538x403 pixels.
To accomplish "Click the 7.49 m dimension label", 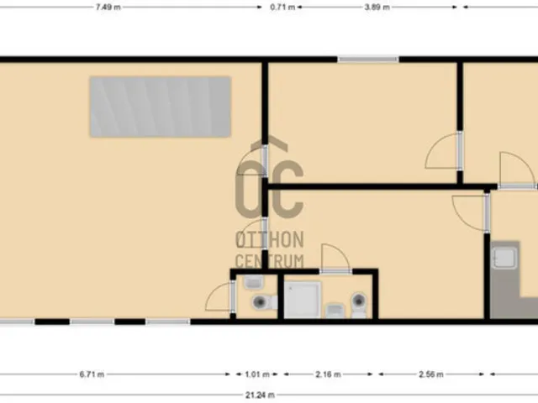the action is click(108, 8).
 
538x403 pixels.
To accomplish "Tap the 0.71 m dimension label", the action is click(282, 8).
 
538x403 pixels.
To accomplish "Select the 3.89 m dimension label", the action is click(377, 8).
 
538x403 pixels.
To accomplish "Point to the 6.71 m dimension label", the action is click(92, 374).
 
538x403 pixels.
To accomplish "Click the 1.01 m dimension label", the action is click(257, 374).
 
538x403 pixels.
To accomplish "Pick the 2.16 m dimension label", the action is click(329, 374).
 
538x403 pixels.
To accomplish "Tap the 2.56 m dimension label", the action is click(431, 374).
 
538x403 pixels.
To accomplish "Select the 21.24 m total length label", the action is click(260, 395).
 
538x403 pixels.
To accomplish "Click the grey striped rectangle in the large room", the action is click(161, 107).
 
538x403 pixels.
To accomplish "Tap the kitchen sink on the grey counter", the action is click(504, 258).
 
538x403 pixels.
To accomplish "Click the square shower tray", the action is click(303, 300).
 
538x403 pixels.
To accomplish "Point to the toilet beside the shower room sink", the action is click(359, 305).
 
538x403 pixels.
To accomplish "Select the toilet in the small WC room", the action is click(265, 302).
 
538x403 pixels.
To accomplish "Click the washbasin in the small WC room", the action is click(254, 282).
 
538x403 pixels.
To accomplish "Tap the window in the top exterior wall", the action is click(368, 60).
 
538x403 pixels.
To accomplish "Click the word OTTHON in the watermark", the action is click(270, 239).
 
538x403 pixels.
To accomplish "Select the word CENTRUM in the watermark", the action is click(270, 261).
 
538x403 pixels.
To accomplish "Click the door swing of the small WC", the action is click(219, 296).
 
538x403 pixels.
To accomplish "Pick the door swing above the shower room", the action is click(335, 257).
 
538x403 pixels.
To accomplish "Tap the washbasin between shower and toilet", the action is click(335, 311).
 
